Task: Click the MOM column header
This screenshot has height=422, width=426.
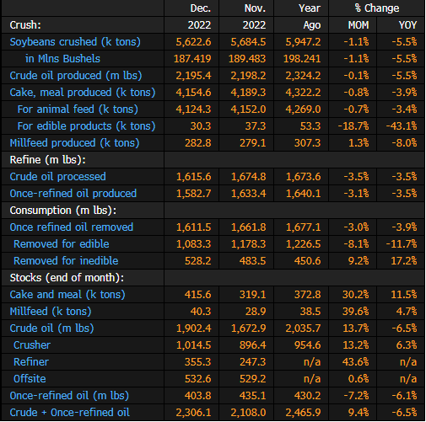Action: point(359,25)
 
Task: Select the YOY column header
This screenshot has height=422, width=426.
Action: point(407,25)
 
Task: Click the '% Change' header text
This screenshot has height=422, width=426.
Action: point(377,8)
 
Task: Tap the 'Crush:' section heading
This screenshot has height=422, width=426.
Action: point(25,25)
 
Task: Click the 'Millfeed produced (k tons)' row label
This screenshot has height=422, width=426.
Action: point(74,143)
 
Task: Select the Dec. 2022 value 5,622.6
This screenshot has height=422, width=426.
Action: point(193,42)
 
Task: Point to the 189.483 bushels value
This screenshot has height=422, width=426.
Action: point(247,59)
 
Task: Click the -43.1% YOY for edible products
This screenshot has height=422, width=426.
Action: point(402,126)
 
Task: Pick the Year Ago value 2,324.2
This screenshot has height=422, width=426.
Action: point(303,76)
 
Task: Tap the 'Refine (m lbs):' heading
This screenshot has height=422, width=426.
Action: point(48,160)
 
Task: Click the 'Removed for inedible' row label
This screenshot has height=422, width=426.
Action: point(66,261)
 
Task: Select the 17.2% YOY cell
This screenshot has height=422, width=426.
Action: point(404,261)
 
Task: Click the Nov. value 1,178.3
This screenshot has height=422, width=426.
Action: point(248,244)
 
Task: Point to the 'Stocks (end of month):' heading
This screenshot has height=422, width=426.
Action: point(67,278)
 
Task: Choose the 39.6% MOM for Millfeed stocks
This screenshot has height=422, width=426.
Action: point(356,312)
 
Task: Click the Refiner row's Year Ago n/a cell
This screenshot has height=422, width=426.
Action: point(312,362)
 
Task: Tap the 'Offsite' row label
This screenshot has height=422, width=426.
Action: point(30,379)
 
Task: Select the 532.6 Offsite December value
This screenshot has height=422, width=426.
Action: point(198,379)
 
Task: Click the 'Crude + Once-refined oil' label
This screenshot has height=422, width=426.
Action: point(70,413)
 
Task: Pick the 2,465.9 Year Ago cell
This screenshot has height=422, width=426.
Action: point(303,413)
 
